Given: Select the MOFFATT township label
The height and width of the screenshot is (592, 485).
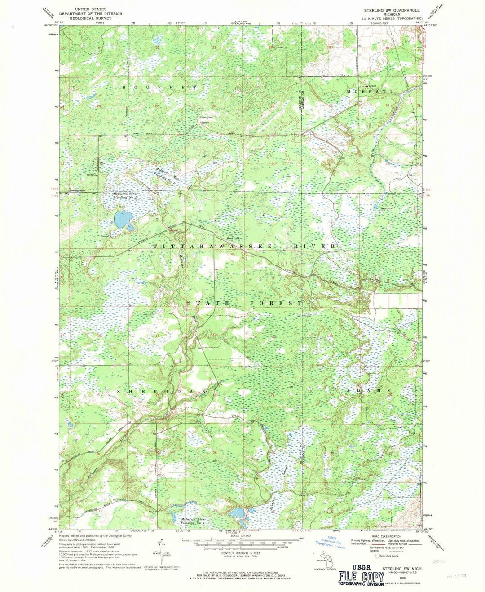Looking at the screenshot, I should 370,91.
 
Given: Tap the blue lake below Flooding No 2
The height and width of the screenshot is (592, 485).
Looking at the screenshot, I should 122,220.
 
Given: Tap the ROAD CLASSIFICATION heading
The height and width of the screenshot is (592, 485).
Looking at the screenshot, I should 389,536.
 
